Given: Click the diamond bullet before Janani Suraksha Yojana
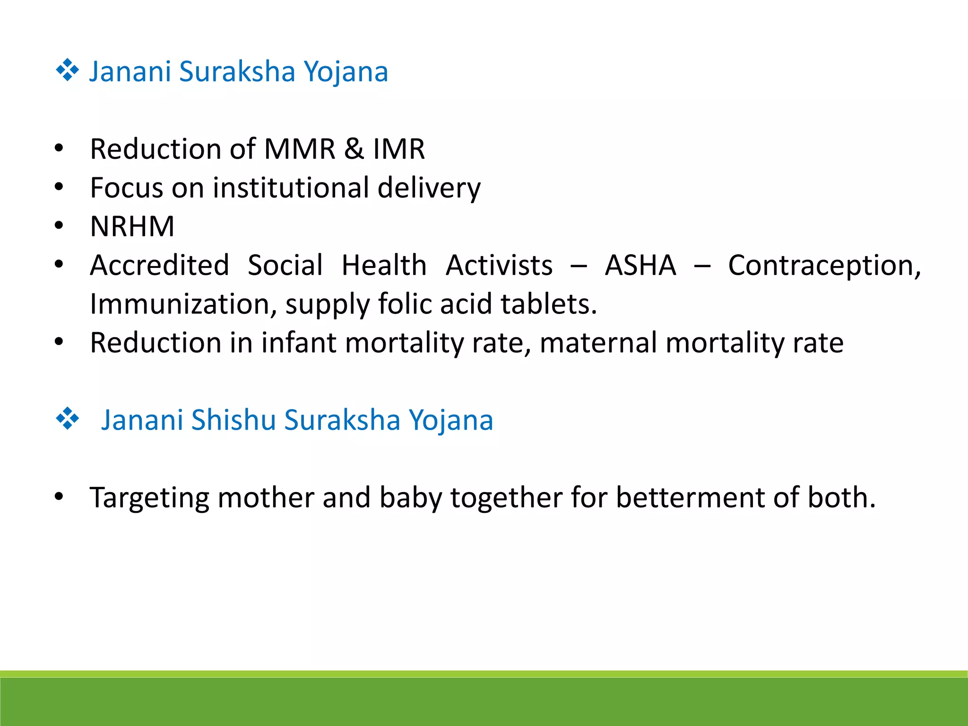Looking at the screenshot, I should pyautogui.click(x=68, y=70).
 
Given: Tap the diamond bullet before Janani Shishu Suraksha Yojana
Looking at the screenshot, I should pyautogui.click(x=68, y=418).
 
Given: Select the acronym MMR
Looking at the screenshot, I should pyautogui.click(x=300, y=149).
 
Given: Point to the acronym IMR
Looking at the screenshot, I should pyautogui.click(x=399, y=149).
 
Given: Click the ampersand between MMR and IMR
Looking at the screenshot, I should pyautogui.click(x=354, y=149).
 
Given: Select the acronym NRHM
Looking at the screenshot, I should pyautogui.click(x=132, y=226).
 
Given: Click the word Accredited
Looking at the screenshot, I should pyautogui.click(x=159, y=265).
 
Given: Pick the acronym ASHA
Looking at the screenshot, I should pyautogui.click(x=640, y=265).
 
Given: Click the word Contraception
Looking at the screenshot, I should pyautogui.click(x=824, y=266).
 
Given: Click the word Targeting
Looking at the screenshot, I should pyautogui.click(x=149, y=499).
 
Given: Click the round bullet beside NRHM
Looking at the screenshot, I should pyautogui.click(x=59, y=226).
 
